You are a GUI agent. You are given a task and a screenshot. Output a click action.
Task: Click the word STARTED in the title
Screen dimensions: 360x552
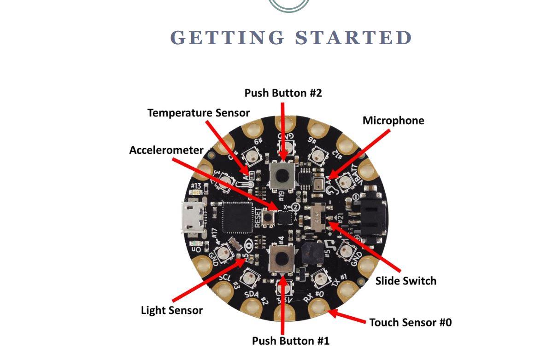353,38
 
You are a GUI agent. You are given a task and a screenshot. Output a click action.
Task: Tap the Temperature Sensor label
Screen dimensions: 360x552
199,113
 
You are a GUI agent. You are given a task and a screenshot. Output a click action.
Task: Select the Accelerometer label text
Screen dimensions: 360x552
166,150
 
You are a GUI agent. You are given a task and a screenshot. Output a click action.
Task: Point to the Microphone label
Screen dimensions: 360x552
393,121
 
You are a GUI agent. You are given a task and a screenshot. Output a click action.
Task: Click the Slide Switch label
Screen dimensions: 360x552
405,280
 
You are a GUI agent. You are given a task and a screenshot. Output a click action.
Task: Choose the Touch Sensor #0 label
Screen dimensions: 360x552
410,322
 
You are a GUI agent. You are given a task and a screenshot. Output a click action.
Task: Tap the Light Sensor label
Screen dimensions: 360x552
171,310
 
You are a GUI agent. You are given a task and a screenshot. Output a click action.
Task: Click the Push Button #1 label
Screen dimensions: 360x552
290,341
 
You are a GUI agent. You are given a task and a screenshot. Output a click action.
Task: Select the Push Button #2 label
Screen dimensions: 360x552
283,93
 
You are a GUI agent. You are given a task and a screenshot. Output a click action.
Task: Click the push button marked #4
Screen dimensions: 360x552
282,260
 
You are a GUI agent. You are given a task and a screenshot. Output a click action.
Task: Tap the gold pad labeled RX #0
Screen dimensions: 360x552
318,307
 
